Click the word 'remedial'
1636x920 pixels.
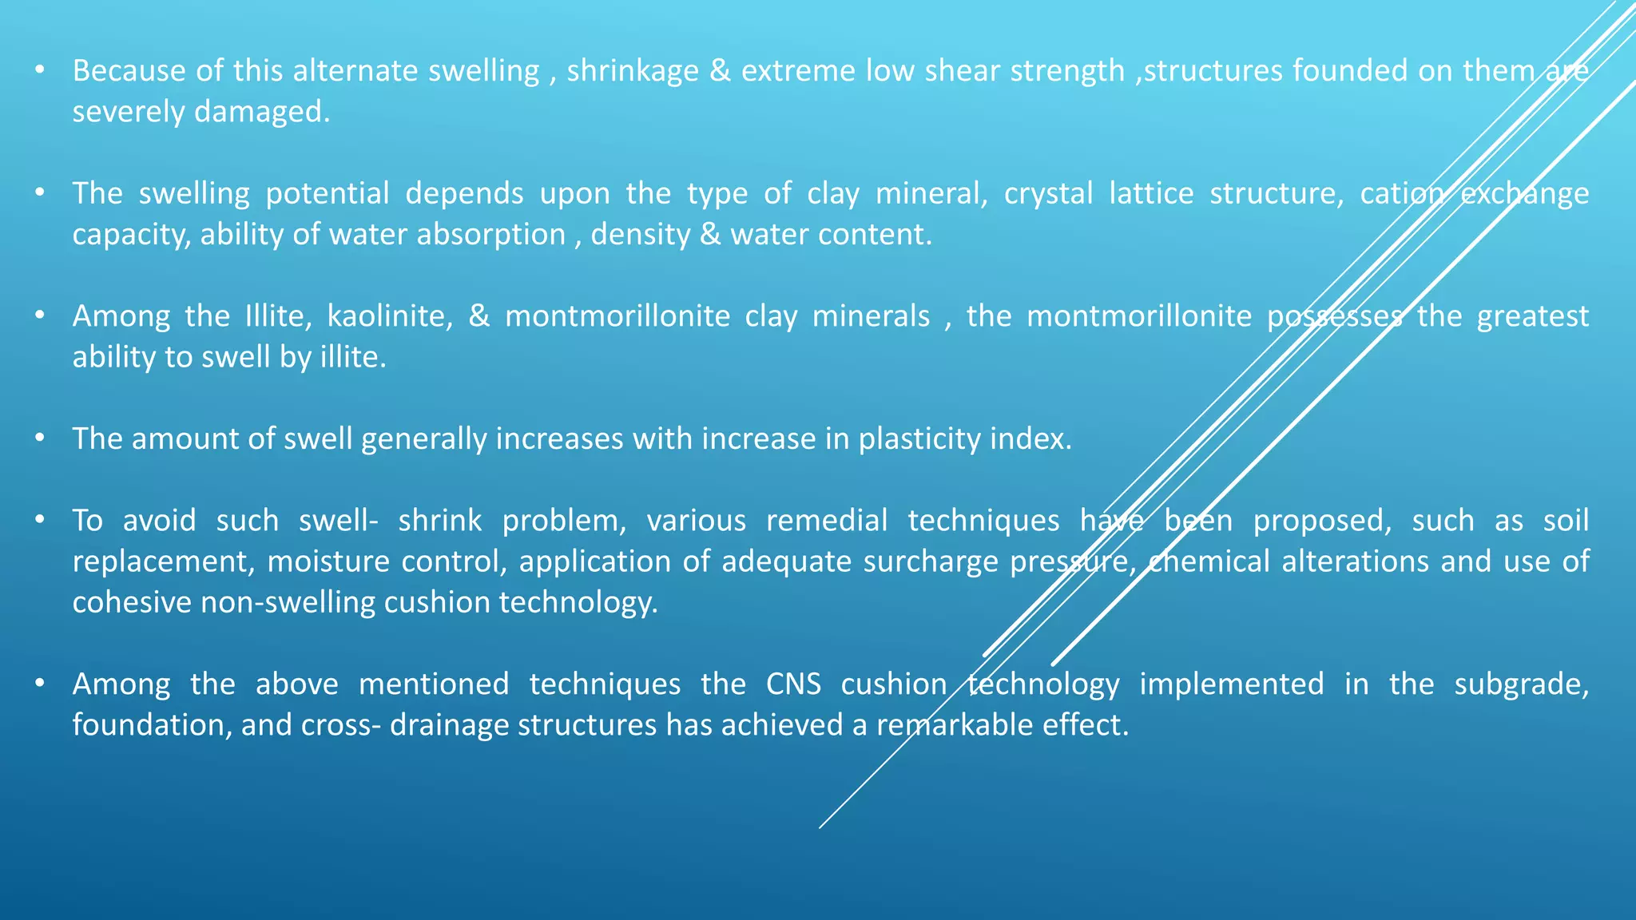pos(826,521)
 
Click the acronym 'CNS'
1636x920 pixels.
pos(793,684)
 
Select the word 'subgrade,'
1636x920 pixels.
pos(1521,684)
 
